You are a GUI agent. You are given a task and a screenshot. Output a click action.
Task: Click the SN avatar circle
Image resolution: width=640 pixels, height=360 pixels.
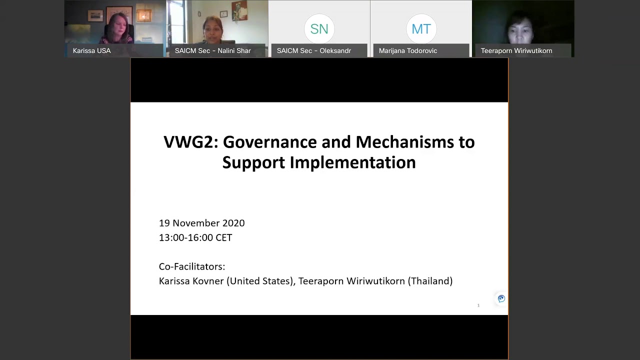click(x=319, y=29)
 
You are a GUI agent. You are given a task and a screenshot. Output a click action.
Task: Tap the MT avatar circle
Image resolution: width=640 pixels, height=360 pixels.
click(x=421, y=29)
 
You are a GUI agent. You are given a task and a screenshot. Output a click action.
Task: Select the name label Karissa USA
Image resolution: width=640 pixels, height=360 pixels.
click(x=91, y=50)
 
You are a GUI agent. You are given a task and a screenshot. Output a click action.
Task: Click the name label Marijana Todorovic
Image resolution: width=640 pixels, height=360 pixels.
click(x=407, y=50)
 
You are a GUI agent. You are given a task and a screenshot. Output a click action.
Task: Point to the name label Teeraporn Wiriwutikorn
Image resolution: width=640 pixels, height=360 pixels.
click(x=516, y=50)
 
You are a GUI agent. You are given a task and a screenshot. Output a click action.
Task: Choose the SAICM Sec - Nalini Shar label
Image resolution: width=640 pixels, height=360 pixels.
click(x=212, y=50)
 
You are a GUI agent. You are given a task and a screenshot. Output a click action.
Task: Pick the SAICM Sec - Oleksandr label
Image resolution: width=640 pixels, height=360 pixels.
click(x=313, y=50)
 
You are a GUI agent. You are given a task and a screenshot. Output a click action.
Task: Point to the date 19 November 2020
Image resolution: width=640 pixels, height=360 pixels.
click(x=201, y=223)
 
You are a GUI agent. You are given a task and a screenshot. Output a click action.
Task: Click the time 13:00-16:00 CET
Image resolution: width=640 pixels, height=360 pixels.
click(x=195, y=237)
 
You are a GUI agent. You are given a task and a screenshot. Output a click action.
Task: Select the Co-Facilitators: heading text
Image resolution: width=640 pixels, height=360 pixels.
click(x=191, y=266)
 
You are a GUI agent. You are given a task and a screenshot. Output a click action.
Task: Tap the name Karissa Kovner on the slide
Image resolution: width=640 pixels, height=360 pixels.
click(x=191, y=281)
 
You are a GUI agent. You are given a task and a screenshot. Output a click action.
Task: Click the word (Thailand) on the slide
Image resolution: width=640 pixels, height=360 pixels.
click(x=430, y=281)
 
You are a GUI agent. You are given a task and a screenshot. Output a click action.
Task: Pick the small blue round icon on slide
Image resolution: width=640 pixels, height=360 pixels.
click(x=501, y=298)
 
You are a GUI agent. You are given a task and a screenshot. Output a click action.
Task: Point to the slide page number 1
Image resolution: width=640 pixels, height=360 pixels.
click(x=478, y=305)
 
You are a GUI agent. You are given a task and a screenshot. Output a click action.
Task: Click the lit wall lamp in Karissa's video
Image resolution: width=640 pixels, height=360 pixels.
click(x=144, y=16)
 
